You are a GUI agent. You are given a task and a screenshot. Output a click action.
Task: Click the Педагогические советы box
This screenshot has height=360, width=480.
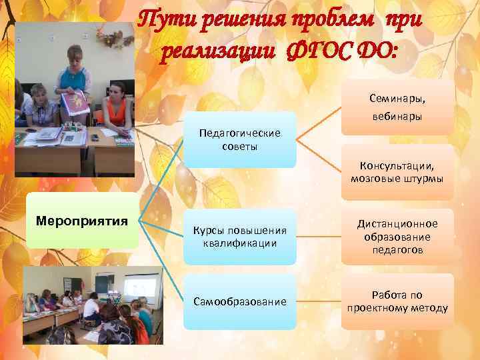coord(240,139)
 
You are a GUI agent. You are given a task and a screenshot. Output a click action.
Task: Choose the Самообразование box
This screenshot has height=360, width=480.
coord(240,302)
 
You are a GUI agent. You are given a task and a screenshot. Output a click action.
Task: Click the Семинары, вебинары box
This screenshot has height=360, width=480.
coord(397,107)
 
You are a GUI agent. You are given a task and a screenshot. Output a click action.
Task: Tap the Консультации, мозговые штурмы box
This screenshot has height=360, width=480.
coord(397,172)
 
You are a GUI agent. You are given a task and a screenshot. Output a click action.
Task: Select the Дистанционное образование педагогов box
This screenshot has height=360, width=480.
coord(397,237)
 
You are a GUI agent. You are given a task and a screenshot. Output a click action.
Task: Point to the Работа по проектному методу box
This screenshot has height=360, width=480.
coord(397,301)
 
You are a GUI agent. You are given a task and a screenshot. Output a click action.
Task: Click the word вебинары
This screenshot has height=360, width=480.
coord(397,117)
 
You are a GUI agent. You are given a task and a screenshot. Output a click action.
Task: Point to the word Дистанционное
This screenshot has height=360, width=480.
coord(397,223)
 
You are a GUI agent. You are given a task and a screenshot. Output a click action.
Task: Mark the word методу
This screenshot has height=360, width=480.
coord(427,308)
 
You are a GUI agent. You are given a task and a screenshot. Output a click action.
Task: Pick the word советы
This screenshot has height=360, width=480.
coord(240,146)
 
